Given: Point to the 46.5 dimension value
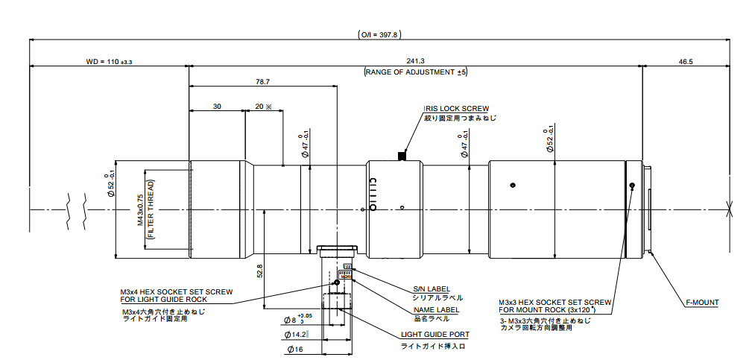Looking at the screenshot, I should click(686, 62).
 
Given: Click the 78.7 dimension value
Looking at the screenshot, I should click(262, 82).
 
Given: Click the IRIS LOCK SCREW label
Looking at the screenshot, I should click(456, 108).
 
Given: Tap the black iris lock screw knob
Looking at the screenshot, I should click(402, 156).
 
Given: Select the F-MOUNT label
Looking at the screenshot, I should click(702, 303).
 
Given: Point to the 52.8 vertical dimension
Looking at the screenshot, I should click(259, 272).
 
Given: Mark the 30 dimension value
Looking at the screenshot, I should click(217, 107).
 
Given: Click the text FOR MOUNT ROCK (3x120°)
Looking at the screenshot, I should click(555, 309).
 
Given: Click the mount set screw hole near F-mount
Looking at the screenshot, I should click(631, 186).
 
